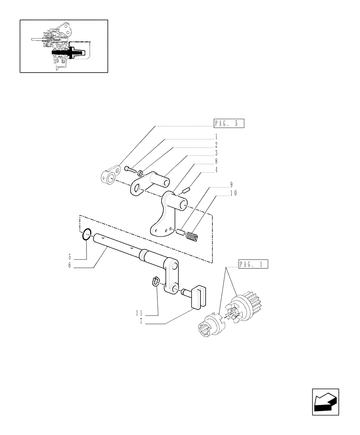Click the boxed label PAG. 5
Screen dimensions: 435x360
coord(229,123)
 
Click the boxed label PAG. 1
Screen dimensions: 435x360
coord(253,264)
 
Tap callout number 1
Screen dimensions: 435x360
coord(216,136)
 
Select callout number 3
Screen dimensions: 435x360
coord(216,153)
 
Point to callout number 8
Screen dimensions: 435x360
coord(216,161)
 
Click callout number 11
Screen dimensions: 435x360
coord(139,313)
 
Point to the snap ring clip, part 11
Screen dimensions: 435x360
coord(156,282)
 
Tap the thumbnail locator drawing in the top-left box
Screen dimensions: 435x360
coord(63,46)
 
